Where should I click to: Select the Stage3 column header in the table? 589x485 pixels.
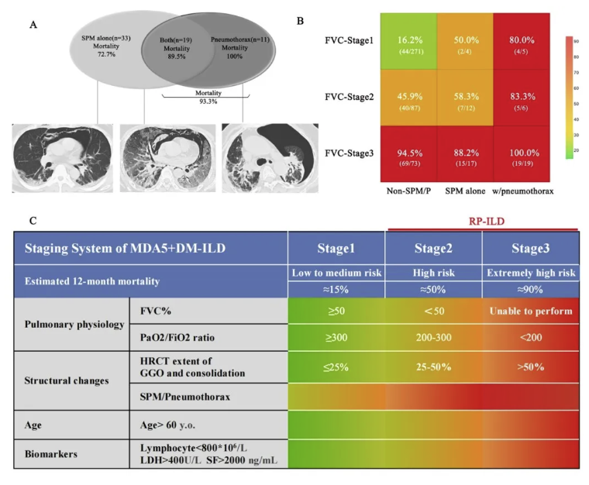tap(530, 249)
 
